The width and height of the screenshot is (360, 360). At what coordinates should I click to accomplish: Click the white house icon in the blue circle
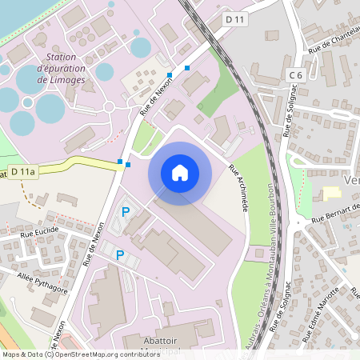click(x=180, y=172)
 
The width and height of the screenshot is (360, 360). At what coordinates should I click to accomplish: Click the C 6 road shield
click(x=295, y=75)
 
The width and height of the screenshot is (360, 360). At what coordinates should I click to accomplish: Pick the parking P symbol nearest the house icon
click(x=125, y=212)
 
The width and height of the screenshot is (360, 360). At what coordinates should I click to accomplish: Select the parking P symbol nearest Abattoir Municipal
click(x=120, y=255)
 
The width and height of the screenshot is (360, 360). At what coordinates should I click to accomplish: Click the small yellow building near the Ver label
click(x=331, y=192)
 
